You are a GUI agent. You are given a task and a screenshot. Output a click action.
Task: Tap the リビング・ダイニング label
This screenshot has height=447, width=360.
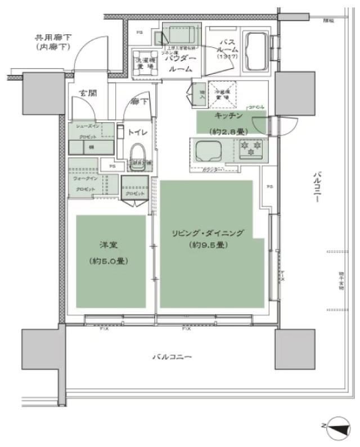point(205,233)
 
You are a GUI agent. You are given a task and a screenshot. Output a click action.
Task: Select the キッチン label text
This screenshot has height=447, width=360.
point(228,115)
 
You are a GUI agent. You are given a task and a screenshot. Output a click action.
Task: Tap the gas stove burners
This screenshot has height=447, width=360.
point(250,148)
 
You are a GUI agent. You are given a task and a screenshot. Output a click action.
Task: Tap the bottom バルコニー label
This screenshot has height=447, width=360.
point(172,357)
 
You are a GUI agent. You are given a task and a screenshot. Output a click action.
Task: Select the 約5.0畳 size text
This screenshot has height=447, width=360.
point(102,261)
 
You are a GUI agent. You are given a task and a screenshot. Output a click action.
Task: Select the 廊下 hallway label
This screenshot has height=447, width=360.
point(137,102)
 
